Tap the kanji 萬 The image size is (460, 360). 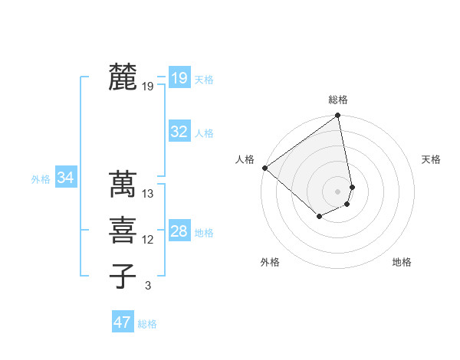tap(123, 184)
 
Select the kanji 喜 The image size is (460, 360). tap(123, 229)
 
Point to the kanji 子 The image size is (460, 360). tap(123, 275)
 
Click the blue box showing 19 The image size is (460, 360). tap(179, 77)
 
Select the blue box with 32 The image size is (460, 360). tap(179, 132)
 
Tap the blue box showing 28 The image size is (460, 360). tap(179, 231)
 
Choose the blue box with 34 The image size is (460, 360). tap(65, 178)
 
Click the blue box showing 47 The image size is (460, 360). tap(122, 322)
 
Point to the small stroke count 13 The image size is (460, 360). tap(148, 194)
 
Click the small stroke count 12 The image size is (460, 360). tap(148, 240)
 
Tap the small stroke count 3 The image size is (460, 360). tap(148, 286)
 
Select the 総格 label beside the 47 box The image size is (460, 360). tap(147, 324)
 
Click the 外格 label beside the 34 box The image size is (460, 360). tap(41, 179)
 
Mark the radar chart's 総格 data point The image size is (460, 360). tap(337, 116)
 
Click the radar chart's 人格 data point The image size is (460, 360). tap(264, 168)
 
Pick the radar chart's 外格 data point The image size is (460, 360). tap(319, 217)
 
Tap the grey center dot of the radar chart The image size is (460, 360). tap(337, 191)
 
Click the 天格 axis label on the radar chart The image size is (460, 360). tap(431, 159)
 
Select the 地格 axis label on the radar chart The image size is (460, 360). tap(402, 263)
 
